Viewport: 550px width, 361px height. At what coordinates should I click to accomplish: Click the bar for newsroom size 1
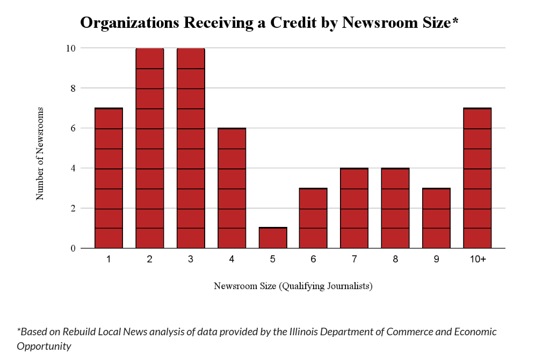tap(108, 178)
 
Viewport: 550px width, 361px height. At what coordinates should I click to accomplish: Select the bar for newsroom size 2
tap(149, 148)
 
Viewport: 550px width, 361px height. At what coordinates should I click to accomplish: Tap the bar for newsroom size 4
tap(231, 188)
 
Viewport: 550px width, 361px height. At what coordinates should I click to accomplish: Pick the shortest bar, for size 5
tap(273, 238)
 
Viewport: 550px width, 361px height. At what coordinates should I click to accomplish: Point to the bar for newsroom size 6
tap(314, 218)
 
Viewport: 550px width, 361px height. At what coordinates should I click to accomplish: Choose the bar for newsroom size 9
tap(436, 218)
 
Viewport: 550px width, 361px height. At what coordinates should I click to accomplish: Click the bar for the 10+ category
tap(477, 178)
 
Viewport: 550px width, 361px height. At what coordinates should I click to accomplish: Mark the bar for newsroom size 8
tap(395, 208)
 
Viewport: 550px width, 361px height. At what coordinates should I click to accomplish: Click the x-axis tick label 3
tap(191, 260)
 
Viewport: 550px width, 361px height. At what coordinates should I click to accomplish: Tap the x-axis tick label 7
tap(354, 260)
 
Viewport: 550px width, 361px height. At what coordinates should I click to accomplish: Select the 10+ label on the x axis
tap(477, 260)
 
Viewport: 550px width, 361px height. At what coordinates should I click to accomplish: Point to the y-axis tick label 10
tap(70, 48)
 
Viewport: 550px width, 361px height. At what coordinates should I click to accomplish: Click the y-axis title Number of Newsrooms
tap(40, 153)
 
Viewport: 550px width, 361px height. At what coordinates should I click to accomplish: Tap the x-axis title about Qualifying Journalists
tap(293, 286)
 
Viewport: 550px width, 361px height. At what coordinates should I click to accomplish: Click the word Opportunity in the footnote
tap(44, 346)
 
